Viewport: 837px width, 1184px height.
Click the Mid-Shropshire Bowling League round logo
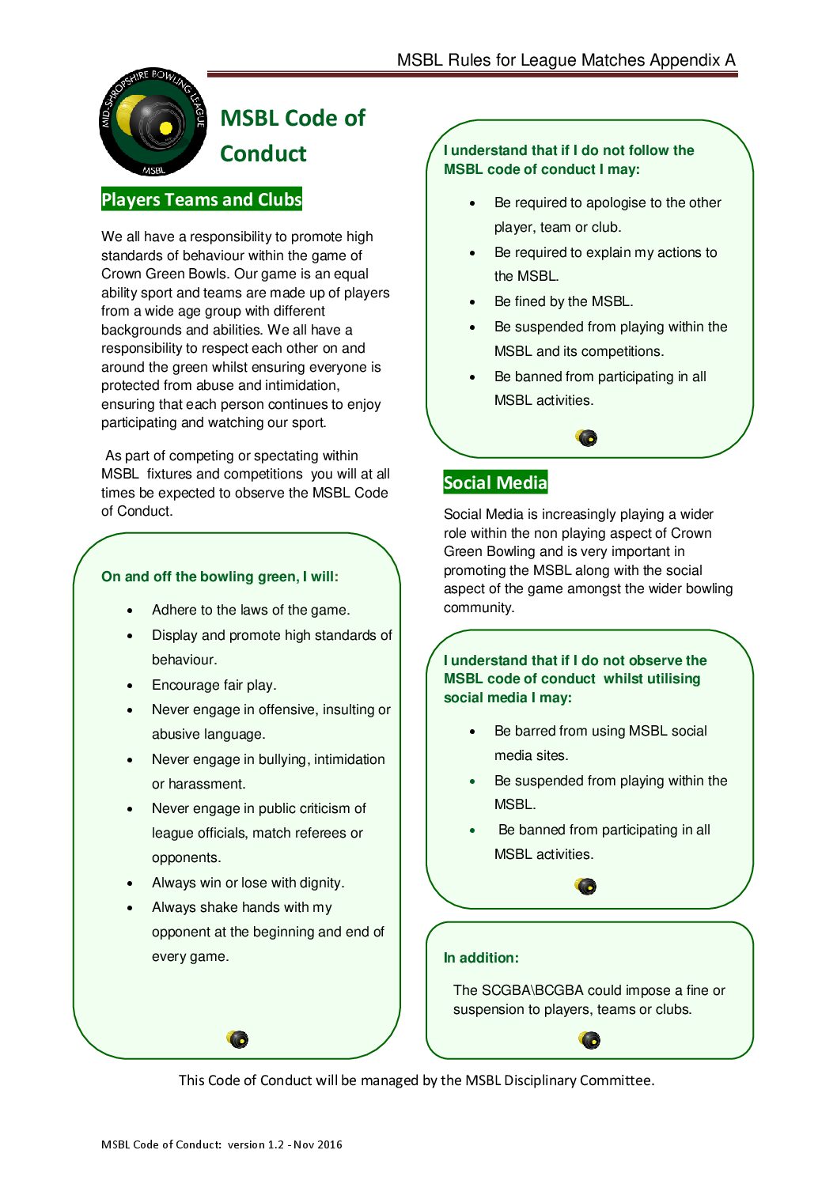152,121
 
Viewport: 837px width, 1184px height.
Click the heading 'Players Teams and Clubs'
201,199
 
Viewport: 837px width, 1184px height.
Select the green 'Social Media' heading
495,482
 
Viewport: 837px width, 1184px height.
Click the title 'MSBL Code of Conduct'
292,135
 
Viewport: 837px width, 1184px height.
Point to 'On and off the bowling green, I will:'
219,577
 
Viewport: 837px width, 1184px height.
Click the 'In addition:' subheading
481,958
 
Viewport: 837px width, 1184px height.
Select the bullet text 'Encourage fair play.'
214,685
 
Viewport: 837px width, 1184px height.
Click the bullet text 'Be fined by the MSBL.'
563,301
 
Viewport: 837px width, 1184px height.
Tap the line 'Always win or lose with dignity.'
248,883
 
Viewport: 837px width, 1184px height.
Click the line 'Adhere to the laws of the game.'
250,610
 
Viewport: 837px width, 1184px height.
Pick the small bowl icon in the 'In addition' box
589,1039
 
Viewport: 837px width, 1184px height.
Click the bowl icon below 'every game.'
237,1038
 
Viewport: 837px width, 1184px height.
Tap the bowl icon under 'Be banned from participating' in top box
587,437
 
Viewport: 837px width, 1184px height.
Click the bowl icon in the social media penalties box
586,886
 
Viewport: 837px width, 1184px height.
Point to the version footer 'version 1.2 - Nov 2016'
285,1144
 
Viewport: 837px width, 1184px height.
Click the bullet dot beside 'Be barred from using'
472,732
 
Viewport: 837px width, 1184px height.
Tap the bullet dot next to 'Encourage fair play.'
130,686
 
